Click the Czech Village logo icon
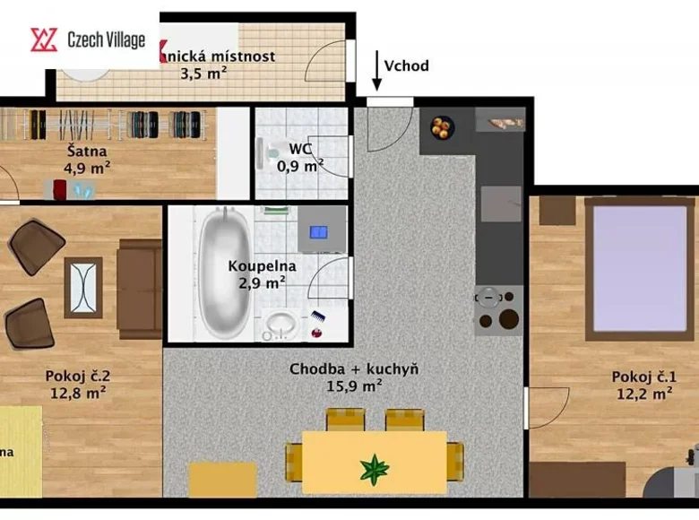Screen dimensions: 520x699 point(44,39)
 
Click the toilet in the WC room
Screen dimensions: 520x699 point(273,154)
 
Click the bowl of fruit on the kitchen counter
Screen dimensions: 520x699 point(439,128)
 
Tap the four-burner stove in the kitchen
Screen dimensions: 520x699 point(499,309)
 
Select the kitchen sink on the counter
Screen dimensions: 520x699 point(500,204)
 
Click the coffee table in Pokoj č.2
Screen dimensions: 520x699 point(83,288)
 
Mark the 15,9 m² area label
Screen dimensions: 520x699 point(354,386)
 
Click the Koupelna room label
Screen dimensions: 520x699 point(255,265)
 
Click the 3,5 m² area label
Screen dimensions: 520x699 point(203,74)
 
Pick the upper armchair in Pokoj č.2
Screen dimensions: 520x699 point(37,246)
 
